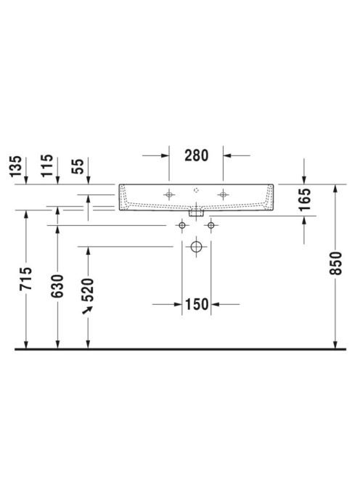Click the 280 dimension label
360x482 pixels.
196,155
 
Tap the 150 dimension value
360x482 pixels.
197,304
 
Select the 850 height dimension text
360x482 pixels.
335,263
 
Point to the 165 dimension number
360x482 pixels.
305,199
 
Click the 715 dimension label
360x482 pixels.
26,279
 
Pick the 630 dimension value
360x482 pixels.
57,286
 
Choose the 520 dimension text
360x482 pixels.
88,290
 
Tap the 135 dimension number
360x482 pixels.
16,166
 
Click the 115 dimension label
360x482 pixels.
47,166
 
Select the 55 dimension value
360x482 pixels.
78,166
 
